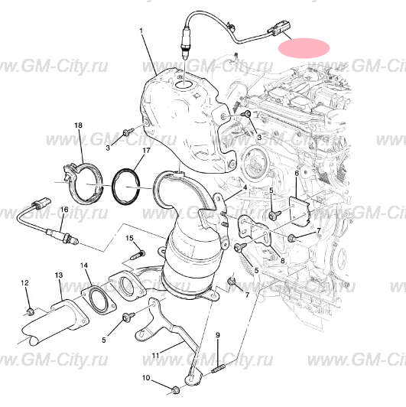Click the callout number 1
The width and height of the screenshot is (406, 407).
point(141,31)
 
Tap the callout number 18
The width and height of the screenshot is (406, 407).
point(78,125)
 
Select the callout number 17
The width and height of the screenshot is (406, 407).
point(146,151)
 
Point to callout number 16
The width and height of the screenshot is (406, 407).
point(64,210)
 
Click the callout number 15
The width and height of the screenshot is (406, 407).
point(130,238)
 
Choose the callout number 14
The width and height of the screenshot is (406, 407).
point(84,265)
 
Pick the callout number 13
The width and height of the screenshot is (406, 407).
point(59,275)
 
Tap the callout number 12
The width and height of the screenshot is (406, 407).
point(25,282)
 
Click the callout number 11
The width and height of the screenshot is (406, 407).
point(155,355)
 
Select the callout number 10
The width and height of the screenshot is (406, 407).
point(146,378)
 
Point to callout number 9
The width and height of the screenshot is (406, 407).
point(218,335)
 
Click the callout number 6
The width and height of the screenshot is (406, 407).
point(297,173)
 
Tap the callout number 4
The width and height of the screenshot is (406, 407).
point(245,187)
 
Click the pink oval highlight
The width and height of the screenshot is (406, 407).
point(304,48)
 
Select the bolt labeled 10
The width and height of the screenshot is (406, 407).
point(176,390)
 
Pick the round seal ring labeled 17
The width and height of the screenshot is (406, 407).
point(126,187)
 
